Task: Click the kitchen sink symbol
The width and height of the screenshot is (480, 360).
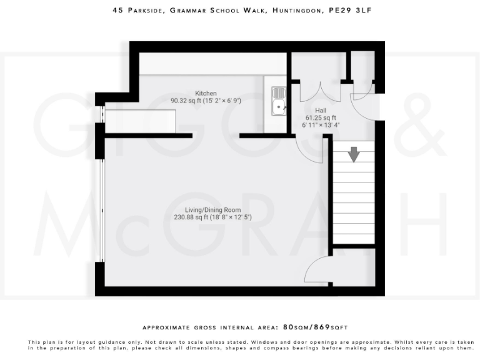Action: [x=278, y=102]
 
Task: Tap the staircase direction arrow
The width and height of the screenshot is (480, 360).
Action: [x=354, y=154]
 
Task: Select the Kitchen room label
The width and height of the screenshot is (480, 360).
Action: [x=206, y=93]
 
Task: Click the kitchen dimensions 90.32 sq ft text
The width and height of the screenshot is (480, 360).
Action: [x=206, y=101]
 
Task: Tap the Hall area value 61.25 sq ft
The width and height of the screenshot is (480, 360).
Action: [x=320, y=117]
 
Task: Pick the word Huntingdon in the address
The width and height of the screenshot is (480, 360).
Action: [x=293, y=11]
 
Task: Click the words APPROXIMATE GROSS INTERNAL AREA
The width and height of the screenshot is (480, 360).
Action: [x=211, y=327]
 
